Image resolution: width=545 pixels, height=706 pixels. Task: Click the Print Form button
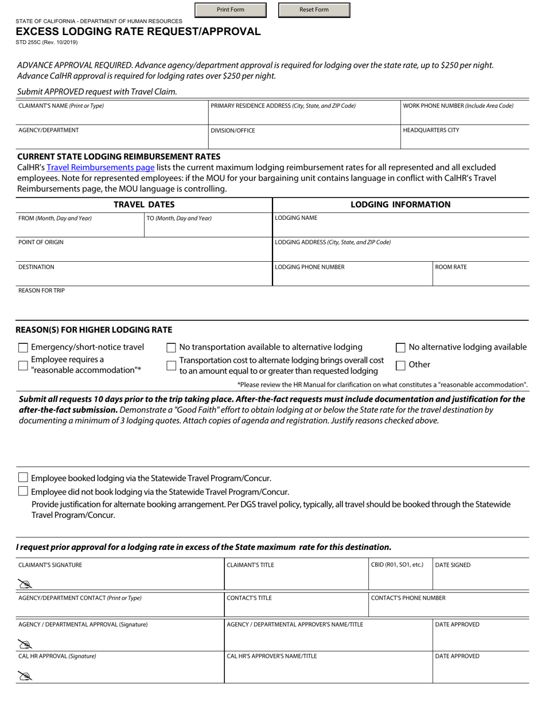[x=230, y=10]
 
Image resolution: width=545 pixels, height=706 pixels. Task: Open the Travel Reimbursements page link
[x=100, y=168]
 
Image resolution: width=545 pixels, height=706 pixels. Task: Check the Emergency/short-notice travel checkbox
[x=23, y=347]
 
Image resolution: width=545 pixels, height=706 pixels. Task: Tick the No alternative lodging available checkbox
[x=401, y=347]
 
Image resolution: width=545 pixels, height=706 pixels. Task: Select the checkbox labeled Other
[x=401, y=365]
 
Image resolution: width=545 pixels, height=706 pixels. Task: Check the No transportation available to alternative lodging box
[x=171, y=347]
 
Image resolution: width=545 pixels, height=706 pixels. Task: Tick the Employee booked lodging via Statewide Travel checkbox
[x=23, y=478]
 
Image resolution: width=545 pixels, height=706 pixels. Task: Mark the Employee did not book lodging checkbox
[x=23, y=491]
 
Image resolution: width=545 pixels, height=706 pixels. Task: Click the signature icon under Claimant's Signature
[x=25, y=584]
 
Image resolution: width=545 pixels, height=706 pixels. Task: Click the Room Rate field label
[x=451, y=267]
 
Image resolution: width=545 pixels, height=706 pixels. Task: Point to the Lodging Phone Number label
[x=310, y=267]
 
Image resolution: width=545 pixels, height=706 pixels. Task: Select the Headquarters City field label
[x=431, y=130]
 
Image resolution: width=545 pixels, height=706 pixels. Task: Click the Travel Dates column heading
[x=144, y=205]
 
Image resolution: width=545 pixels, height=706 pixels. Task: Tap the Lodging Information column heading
[x=400, y=205]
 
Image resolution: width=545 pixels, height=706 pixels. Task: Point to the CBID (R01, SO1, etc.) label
[x=397, y=565]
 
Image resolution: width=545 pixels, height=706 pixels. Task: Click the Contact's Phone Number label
[x=408, y=598]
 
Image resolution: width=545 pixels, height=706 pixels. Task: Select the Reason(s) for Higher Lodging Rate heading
[x=94, y=330]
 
